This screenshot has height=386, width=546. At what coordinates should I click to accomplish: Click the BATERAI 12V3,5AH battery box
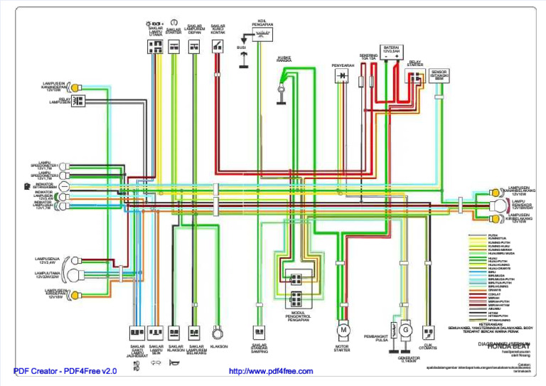tap(390, 55)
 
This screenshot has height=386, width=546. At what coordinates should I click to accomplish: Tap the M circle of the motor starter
tap(343, 330)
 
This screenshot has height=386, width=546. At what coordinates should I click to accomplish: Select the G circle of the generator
tap(405, 331)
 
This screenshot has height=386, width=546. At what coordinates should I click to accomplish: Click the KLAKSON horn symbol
tap(218, 331)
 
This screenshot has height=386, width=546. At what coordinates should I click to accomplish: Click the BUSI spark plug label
tap(241, 48)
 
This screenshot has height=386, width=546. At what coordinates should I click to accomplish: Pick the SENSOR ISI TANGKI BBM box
tap(439, 76)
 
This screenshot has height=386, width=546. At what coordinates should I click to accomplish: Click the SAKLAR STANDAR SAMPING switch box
tap(259, 331)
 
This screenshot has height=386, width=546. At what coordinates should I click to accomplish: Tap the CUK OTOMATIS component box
tap(428, 331)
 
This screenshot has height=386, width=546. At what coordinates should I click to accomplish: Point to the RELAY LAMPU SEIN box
tap(77, 102)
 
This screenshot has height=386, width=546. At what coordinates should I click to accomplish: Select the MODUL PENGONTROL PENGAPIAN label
tap(298, 316)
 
